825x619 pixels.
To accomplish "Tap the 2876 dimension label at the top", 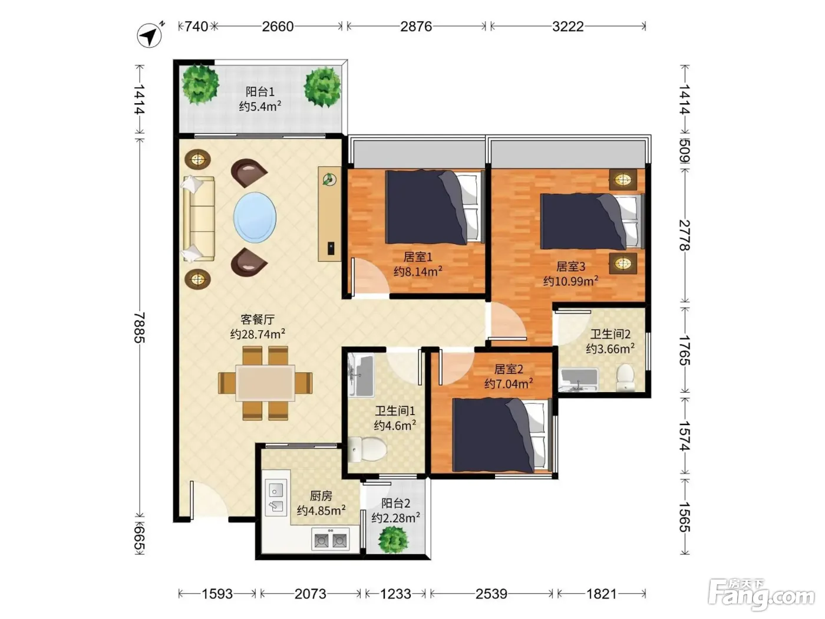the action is point(415,27).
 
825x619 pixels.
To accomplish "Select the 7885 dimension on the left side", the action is point(140,327).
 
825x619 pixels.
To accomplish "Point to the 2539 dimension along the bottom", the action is point(491,594).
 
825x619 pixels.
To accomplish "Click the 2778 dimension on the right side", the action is point(685,235).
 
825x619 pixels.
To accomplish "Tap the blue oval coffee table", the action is point(255,218).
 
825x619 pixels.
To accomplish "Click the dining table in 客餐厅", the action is point(265,383).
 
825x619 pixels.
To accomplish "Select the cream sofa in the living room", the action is point(199,219).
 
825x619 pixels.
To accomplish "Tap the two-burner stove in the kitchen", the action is point(331,540).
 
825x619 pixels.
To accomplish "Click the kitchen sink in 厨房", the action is point(276,498).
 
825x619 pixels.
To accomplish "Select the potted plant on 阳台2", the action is point(393,540).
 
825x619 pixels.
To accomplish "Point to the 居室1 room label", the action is point(418,257).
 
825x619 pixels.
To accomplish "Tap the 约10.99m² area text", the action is point(570,281).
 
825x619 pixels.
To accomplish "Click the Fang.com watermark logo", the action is point(761,594).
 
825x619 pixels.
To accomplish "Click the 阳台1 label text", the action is point(260,92).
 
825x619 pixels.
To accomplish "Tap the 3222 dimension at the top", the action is point(567,27).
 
